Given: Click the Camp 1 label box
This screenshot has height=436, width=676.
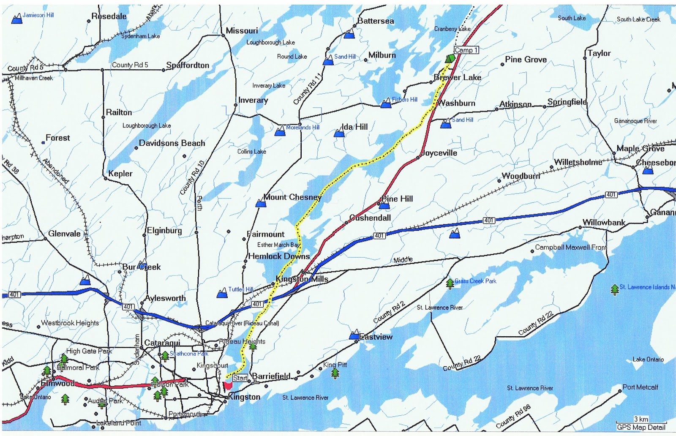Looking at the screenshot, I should pos(466,50).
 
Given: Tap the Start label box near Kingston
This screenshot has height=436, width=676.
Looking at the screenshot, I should pos(240,378).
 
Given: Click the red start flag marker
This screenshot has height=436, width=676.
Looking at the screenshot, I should pos(227,385).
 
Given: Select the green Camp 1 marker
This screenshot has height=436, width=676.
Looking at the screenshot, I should pos(450,58).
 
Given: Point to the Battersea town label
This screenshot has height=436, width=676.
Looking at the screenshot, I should pos(375,21).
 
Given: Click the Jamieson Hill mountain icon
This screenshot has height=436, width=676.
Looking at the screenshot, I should pos(16,19).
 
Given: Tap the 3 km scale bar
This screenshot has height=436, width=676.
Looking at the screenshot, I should pos(641,422).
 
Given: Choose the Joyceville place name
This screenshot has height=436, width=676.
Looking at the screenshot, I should pos(439,153).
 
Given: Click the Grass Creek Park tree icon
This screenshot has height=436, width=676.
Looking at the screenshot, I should pos(450,283).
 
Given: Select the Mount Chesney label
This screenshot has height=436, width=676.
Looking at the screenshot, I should pos(292,197).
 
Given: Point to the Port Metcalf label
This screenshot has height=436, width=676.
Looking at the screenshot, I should pos(640,387).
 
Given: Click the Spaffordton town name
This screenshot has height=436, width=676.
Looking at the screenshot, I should pos(188,65).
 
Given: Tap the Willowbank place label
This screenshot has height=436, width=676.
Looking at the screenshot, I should pos(604,222).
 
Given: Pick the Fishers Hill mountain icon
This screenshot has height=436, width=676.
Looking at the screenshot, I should pos(386,103).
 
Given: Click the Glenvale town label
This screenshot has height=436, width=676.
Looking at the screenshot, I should pos(64,233).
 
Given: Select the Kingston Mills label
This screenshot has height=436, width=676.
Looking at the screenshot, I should pos(302,279).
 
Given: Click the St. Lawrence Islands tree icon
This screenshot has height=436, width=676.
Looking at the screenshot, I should pos(615,289).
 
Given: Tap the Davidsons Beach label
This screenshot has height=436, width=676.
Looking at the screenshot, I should pos(172,143).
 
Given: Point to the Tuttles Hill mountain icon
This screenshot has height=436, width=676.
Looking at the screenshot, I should pos(222,293).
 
